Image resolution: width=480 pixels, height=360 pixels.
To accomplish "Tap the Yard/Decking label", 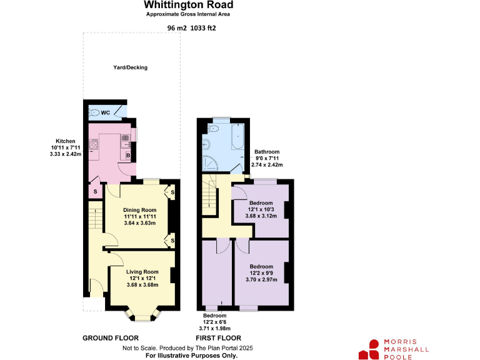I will pos(130,67).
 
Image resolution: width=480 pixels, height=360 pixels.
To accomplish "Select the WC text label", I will pos(106,112).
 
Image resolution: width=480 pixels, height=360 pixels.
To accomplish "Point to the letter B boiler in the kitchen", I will pos(127,155).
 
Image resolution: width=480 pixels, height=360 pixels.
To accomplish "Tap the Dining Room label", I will pos(139,209).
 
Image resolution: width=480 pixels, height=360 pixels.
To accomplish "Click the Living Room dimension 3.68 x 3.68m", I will pos(142,285).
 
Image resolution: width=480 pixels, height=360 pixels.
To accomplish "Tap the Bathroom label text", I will pos(267,152).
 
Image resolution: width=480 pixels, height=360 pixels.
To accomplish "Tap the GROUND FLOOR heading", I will pos(111,338).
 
